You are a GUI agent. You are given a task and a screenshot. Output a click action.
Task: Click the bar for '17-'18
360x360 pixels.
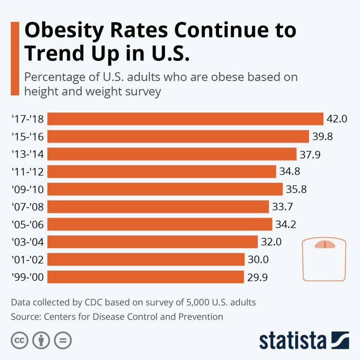click(186, 119)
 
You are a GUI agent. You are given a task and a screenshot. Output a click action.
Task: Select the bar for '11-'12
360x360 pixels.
click(162, 172)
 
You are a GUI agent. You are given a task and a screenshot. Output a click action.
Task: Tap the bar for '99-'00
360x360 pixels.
click(146, 277)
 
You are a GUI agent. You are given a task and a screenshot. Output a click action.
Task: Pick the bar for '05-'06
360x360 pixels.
click(160, 224)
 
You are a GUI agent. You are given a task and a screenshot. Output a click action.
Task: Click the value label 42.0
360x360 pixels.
click(337, 119)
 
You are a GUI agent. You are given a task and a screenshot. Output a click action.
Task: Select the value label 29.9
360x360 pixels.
click(257, 277)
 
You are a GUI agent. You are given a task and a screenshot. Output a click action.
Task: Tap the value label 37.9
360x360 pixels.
click(310, 154)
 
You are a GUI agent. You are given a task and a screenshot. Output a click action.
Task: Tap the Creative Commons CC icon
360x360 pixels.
click(19, 340)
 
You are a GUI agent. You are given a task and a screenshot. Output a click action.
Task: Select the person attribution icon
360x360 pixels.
click(41, 340)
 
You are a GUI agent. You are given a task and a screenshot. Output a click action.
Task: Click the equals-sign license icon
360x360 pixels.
click(62, 340)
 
